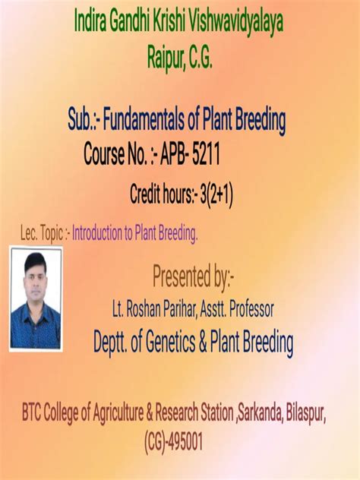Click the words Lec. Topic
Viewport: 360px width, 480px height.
(43, 234)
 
